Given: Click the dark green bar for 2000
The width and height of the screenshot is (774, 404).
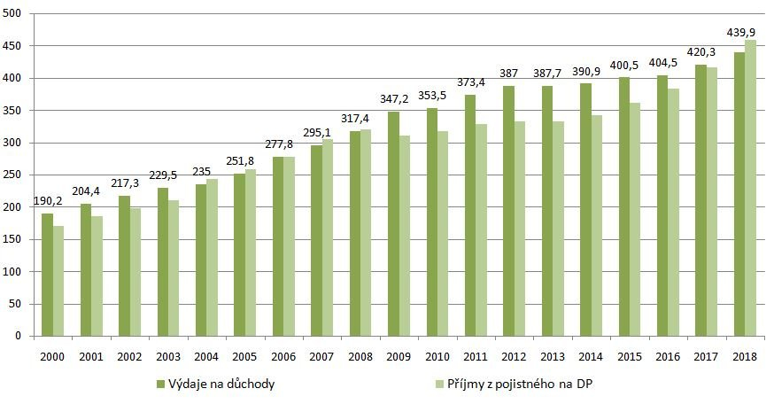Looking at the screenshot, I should [47, 275].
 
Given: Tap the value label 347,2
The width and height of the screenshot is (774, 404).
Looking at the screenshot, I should [392, 99].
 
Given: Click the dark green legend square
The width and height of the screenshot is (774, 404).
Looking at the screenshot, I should [160, 384].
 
